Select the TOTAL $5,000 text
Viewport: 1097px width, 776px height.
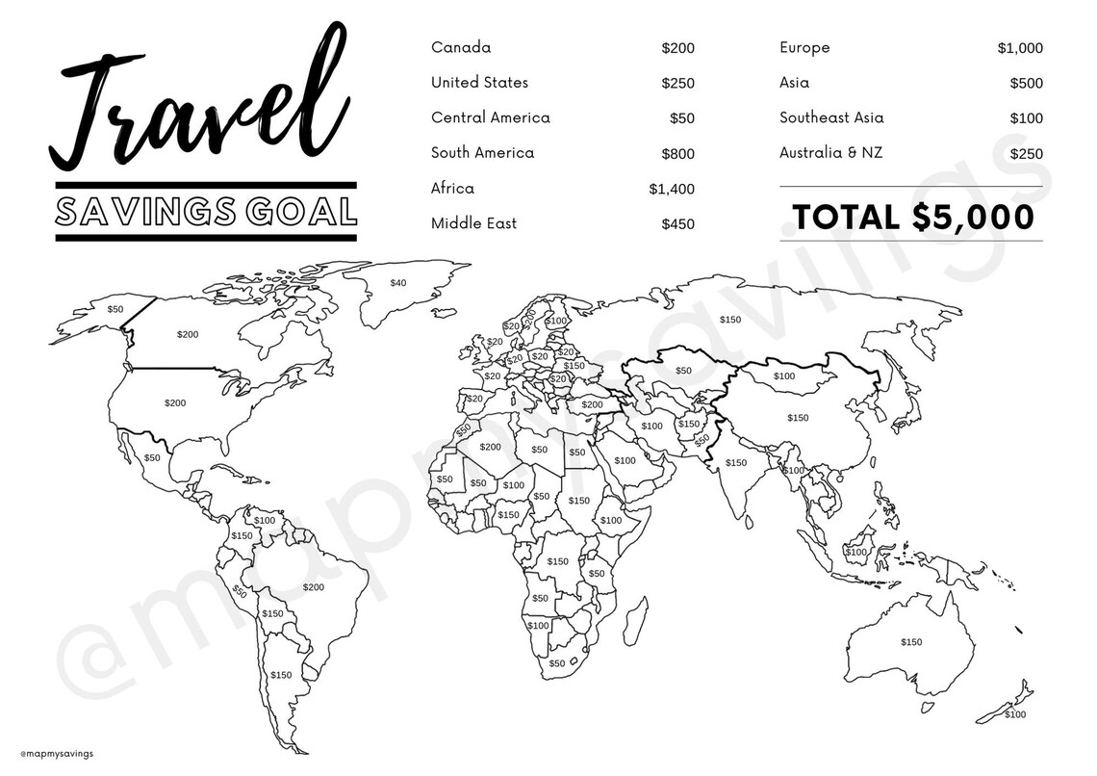[x=911, y=217]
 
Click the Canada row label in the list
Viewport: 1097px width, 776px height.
[x=461, y=47]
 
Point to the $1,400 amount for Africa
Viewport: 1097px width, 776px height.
[x=672, y=189]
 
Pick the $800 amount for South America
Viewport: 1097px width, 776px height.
[x=677, y=153]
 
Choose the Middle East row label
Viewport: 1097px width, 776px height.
[x=473, y=223]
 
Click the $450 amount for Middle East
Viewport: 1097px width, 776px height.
[x=677, y=224]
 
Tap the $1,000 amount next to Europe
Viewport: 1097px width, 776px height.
[x=1020, y=48]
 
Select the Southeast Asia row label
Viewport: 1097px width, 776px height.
[x=831, y=117]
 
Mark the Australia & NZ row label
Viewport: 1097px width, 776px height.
[x=830, y=153]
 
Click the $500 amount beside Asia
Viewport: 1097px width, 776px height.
[x=1026, y=84]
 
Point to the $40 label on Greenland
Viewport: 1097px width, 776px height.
[x=398, y=282]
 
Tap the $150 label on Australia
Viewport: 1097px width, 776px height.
[x=910, y=642]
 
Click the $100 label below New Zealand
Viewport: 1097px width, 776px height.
[x=1015, y=714]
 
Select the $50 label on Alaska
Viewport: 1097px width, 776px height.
[x=115, y=309]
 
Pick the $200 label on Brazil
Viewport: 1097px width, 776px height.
[x=314, y=586]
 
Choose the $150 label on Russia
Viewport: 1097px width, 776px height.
[x=730, y=319]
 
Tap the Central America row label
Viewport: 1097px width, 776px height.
[x=491, y=117]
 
